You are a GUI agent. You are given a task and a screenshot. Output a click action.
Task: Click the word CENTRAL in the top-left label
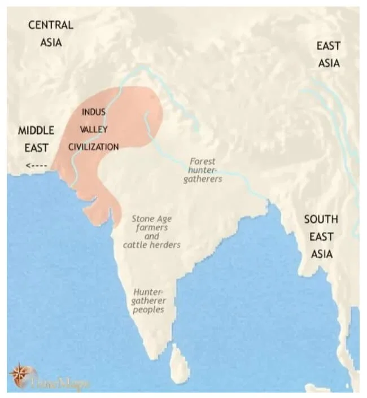click(x=51, y=25)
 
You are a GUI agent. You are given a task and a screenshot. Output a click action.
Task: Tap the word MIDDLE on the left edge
click(x=36, y=130)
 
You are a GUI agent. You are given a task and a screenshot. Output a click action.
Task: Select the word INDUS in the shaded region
click(x=94, y=112)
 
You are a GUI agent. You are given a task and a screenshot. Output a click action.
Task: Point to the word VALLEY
click(x=94, y=129)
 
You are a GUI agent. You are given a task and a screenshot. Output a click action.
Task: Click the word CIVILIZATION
click(x=94, y=147)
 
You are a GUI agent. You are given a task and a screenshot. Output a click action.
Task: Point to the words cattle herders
click(x=152, y=245)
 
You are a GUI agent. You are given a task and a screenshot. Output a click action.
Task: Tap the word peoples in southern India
click(x=149, y=309)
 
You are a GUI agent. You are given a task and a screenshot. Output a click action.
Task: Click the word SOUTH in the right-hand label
click(x=321, y=219)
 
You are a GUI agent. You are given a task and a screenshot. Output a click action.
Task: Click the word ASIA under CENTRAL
click(x=51, y=42)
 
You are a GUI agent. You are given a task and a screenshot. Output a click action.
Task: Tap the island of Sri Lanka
click(x=180, y=363)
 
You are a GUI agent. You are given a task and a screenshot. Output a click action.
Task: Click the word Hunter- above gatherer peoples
click(x=148, y=292)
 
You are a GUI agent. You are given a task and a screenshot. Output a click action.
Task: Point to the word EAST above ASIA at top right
click(x=329, y=46)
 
